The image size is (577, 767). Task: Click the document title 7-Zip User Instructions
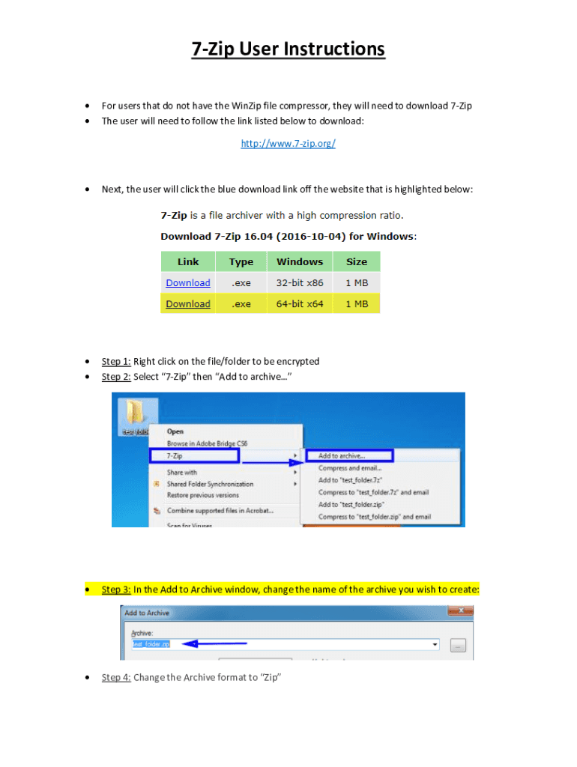[288, 49]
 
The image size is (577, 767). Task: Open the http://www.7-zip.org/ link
[288, 143]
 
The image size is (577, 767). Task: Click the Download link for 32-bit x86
[188, 283]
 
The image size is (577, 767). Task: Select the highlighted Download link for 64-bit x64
[188, 304]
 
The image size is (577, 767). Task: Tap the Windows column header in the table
[300, 262]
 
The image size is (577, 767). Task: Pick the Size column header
[357, 262]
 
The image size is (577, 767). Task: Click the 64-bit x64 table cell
[300, 304]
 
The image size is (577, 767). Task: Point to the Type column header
[241, 262]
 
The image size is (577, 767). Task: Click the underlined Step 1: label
[116, 361]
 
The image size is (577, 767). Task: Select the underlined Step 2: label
[116, 377]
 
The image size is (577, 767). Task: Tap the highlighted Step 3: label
[116, 589]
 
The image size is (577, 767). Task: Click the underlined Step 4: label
[116, 678]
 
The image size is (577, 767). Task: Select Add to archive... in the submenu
[342, 455]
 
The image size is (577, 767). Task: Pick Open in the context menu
[175, 431]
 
